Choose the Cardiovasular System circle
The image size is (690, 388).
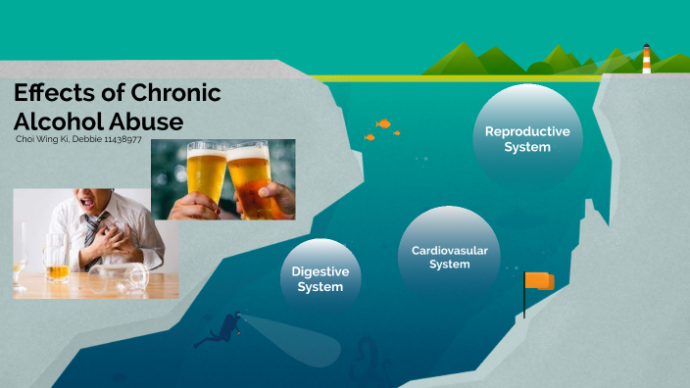click(449, 257)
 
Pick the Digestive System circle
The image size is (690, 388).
click(320, 278)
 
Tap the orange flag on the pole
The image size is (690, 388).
click(539, 281)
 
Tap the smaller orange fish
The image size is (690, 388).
click(370, 137)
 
